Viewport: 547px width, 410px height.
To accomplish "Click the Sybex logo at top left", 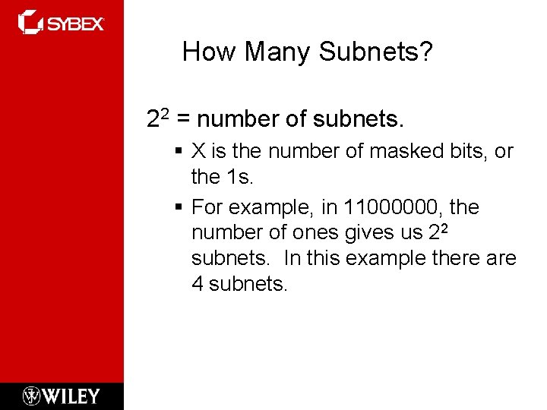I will [61, 22].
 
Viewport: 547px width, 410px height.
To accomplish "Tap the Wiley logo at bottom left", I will [62, 396].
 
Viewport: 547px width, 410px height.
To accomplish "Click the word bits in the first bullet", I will [468, 151].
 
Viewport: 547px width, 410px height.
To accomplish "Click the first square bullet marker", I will [179, 152].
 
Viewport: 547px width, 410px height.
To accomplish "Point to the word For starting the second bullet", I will [207, 207].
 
